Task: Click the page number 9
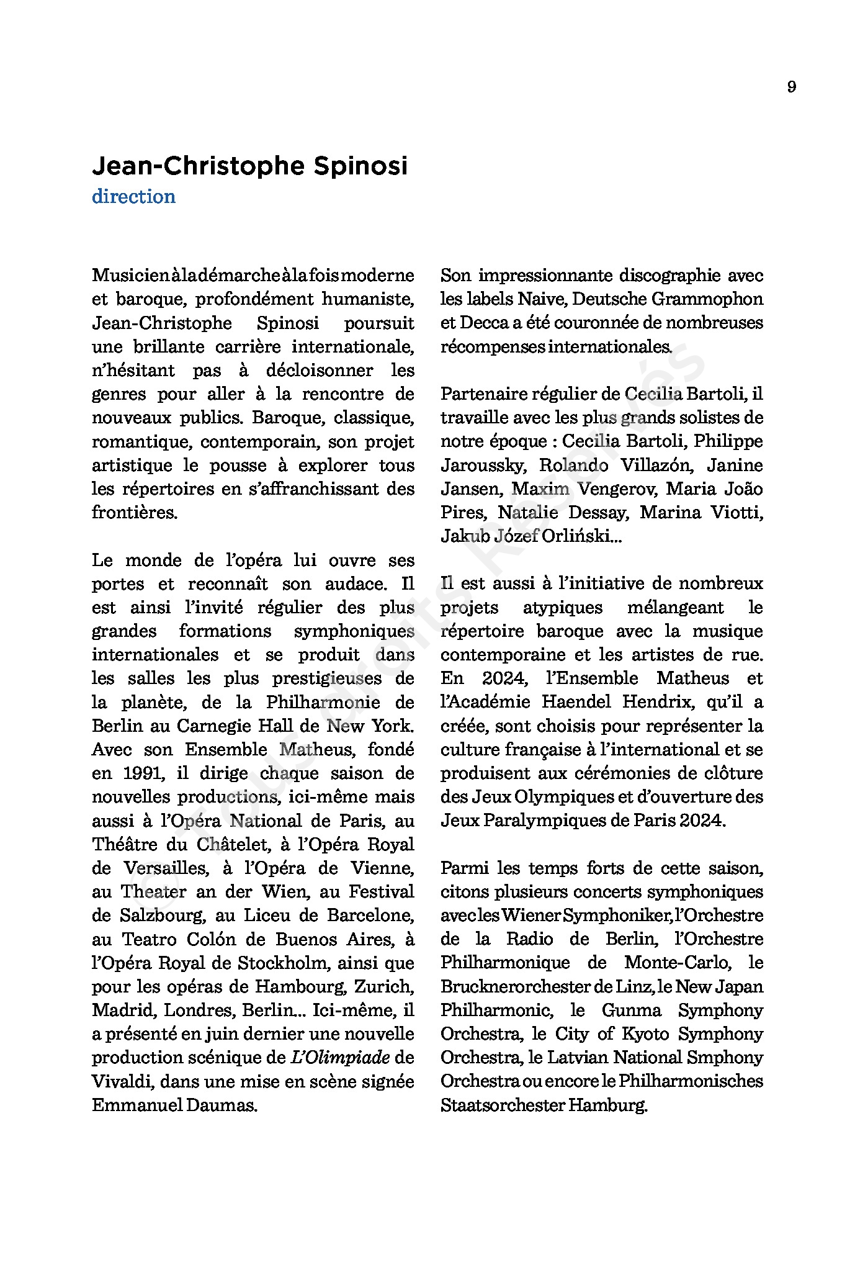(x=791, y=87)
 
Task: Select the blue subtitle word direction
(x=133, y=197)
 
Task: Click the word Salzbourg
(x=162, y=916)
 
